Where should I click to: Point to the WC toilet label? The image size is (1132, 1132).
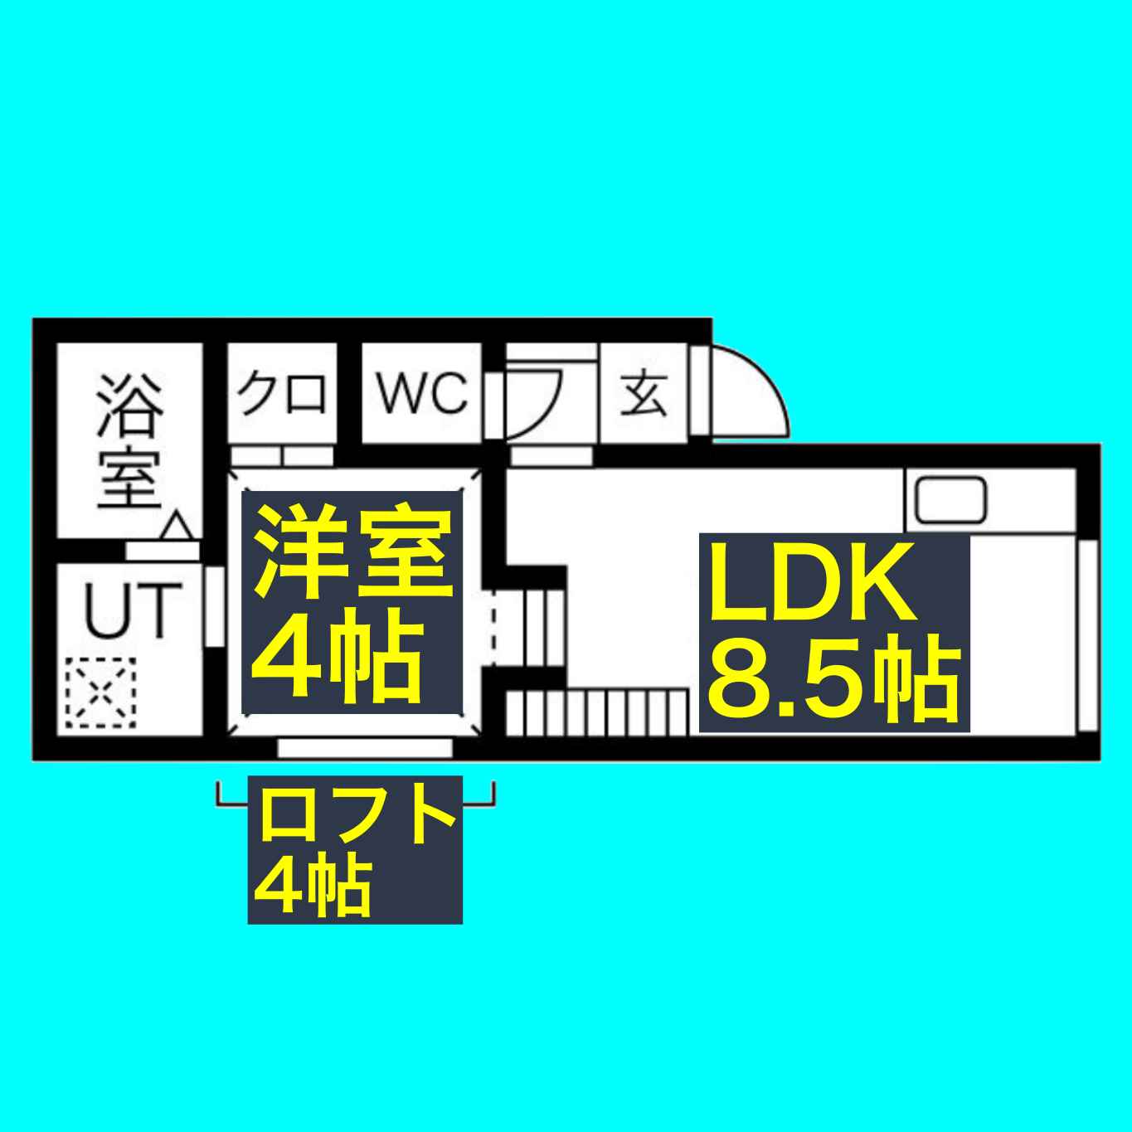[x=422, y=393]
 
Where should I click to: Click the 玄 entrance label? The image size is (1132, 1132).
[x=644, y=395]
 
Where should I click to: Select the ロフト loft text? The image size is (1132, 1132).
[x=356, y=816]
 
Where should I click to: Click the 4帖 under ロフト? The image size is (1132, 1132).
[x=311, y=888]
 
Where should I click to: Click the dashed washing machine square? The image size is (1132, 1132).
[x=100, y=692]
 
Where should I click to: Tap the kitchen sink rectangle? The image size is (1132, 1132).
[x=950, y=500]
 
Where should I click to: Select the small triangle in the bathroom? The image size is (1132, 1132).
[x=177, y=527]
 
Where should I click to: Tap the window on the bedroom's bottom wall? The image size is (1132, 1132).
[x=365, y=748]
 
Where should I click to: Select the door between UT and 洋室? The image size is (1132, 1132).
[x=214, y=605]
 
